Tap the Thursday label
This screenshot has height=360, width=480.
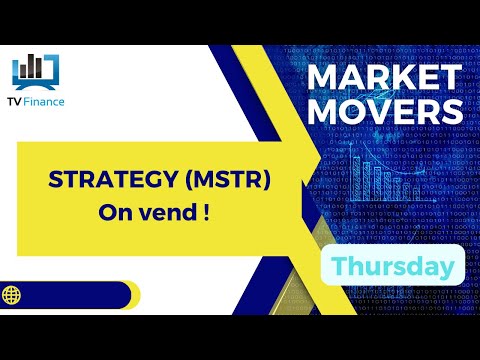tap(392, 266)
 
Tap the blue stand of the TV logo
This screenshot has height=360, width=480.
tap(34, 83)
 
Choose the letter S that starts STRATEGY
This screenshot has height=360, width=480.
tap(55, 182)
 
